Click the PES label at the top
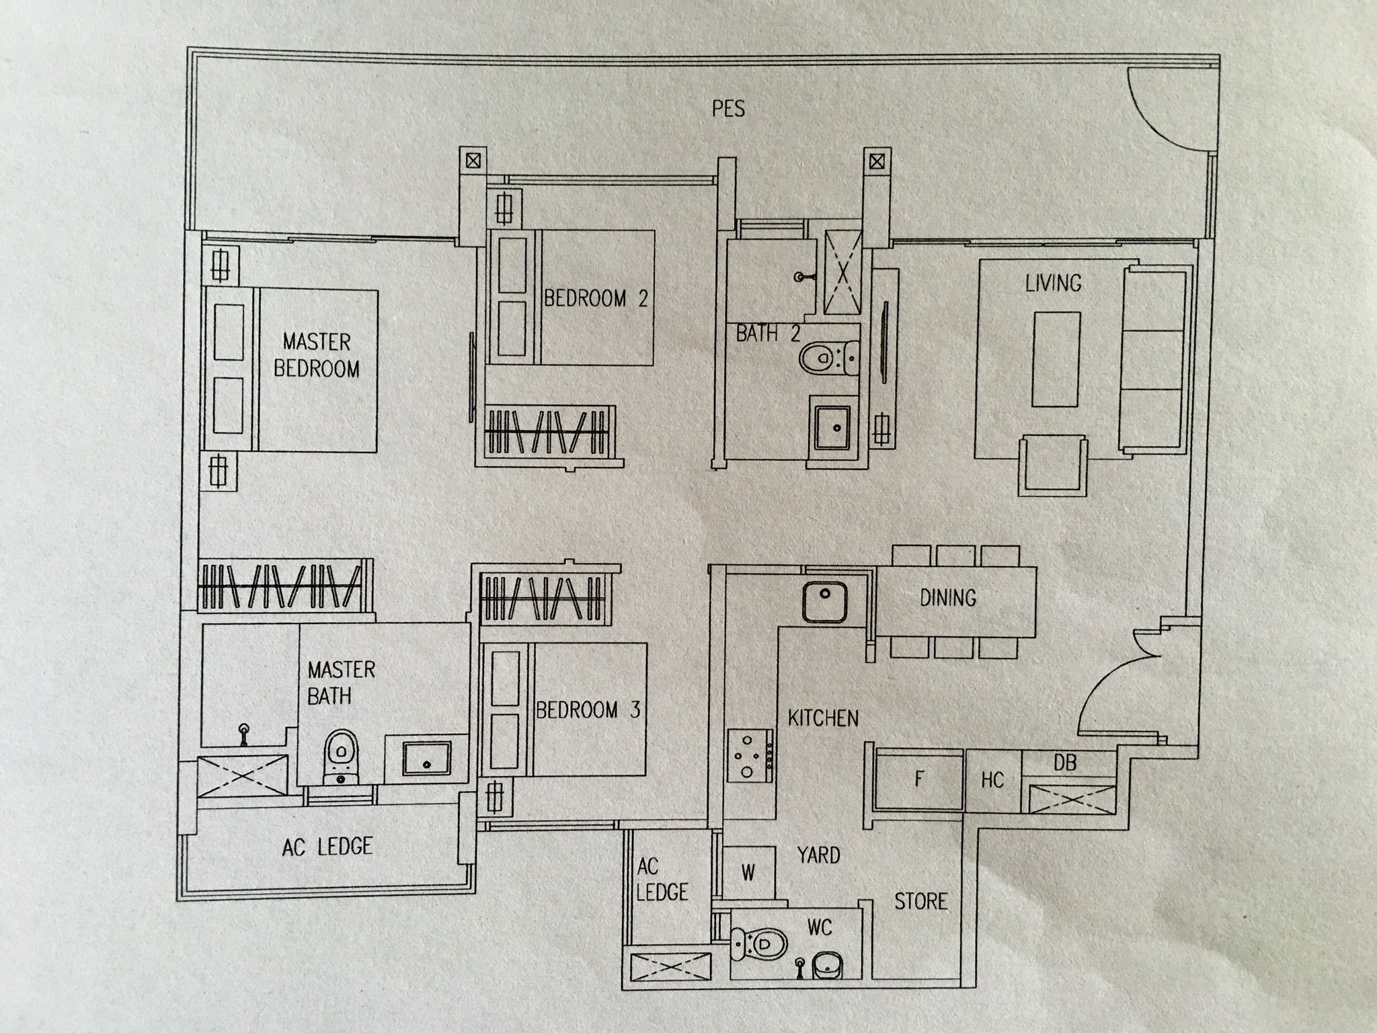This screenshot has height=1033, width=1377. [728, 109]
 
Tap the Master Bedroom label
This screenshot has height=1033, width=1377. [316, 355]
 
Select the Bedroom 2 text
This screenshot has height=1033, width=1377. [595, 298]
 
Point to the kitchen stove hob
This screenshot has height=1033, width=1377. [750, 755]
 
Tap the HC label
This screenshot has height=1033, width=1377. [992, 780]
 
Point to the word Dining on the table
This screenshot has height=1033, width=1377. [948, 597]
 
